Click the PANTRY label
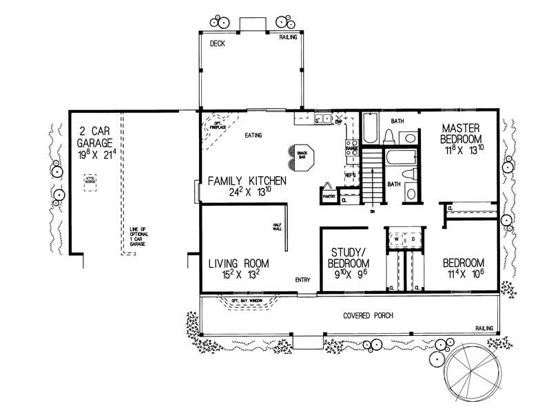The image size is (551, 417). click(328, 197)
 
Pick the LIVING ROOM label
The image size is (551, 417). click(238, 264)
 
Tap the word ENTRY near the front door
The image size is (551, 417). click(303, 280)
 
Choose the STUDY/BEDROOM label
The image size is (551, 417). click(350, 258)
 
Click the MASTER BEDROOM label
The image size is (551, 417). click(465, 133)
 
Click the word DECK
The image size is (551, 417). click(218, 43)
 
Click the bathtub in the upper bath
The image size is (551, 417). click(371, 128)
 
